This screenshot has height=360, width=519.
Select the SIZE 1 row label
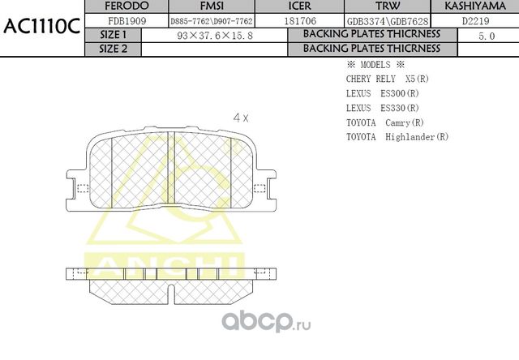point(113,35)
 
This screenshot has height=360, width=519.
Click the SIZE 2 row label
point(113,49)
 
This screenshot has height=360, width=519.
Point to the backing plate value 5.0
point(487,36)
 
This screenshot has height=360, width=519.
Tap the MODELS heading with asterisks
point(375,64)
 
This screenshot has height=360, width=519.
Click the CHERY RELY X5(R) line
point(387,79)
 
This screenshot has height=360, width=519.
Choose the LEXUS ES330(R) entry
point(382,108)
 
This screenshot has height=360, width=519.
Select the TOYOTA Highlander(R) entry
point(397,137)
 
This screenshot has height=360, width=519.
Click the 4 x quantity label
point(240,117)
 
